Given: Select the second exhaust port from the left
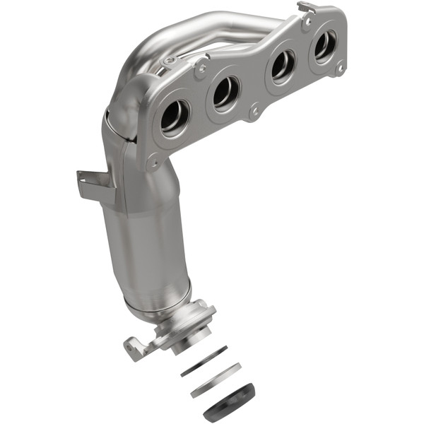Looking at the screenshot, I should [225, 92].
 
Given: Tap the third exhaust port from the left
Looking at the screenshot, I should [282, 66].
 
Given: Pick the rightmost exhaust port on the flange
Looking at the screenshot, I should [325, 46].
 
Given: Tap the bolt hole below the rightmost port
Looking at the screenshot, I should [340, 69].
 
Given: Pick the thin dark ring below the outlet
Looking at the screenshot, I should [204, 361].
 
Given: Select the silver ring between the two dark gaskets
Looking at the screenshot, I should [216, 379].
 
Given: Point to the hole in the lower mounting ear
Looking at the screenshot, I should [132, 347].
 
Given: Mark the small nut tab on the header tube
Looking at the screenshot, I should [168, 61].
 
